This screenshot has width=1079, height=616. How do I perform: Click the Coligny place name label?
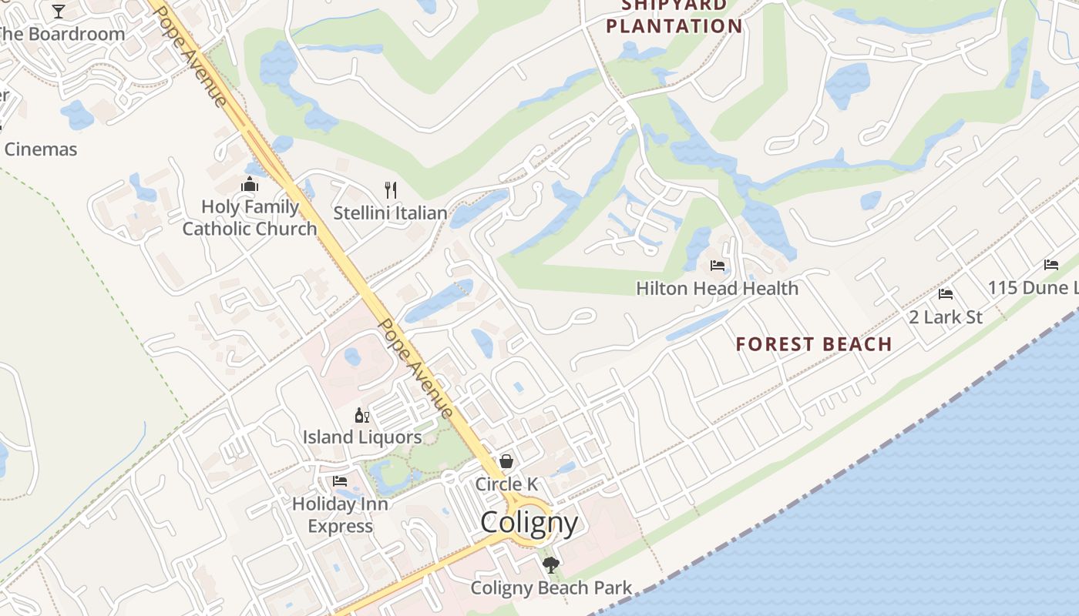pos(529,523)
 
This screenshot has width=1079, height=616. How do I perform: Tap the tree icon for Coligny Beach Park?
pos(550,565)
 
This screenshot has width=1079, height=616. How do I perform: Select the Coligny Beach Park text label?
pos(551,588)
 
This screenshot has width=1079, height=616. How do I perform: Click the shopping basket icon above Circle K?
pos(507,461)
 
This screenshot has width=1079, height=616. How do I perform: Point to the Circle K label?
pos(506,484)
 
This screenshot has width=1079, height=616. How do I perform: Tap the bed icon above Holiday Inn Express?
pos(340,481)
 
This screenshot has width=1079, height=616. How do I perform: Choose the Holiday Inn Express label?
pos(340,515)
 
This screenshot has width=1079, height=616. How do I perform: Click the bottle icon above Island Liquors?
pos(361,416)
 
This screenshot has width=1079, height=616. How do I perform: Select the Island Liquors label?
pos(361,437)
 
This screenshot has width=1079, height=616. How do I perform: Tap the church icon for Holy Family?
pos(249,184)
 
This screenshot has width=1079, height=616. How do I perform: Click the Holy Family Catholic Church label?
pos(250,218)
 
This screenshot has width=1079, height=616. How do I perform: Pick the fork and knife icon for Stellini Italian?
pos(391,189)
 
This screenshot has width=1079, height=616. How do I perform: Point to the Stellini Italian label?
pos(390,213)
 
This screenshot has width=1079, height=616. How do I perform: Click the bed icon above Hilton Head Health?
pos(718,266)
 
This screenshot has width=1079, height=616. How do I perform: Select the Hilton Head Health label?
pos(717,289)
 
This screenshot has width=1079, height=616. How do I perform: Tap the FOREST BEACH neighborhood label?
pos(814,344)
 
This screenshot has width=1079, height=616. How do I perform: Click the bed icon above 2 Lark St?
pos(946,294)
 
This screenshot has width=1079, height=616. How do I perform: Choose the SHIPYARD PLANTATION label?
pos(674,17)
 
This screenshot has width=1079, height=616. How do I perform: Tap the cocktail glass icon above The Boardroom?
pos(59,11)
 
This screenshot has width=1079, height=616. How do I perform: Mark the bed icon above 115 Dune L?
pos(1051,265)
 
